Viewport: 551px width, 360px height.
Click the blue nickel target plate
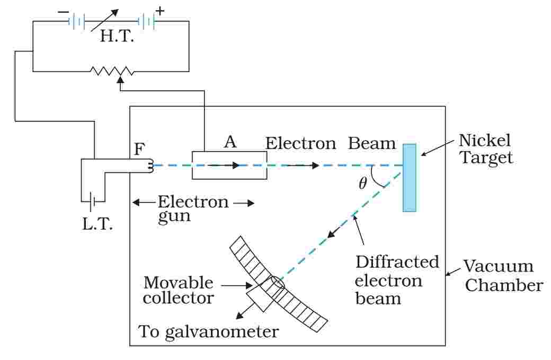[x=409, y=178]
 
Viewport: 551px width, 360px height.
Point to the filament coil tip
[x=151, y=166]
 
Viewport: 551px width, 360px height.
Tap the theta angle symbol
[x=362, y=184]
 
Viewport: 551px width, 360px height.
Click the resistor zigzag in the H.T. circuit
[x=111, y=71]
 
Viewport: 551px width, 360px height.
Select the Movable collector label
[x=179, y=289]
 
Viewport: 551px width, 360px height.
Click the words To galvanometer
[x=208, y=332]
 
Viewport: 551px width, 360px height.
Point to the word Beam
[x=372, y=144]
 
